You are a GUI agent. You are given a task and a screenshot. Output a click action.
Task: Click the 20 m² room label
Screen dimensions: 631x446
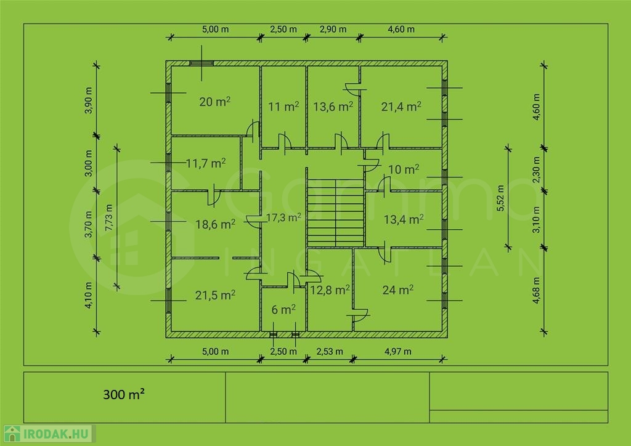tap(215, 102)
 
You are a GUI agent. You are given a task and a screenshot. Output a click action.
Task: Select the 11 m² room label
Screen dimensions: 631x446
tap(283, 107)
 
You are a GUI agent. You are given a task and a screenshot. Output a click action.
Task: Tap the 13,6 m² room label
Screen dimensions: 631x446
tap(333, 107)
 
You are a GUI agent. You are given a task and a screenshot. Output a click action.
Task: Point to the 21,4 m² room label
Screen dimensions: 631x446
tap(401, 107)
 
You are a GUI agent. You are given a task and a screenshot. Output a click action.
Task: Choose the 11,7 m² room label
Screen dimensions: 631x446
tap(206, 163)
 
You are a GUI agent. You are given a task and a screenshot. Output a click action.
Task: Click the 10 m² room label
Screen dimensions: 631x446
tap(404, 169)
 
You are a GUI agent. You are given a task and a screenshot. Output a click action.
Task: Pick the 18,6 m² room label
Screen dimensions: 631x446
tap(215, 224)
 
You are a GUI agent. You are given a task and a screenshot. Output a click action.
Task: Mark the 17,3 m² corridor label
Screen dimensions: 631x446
tap(283, 217)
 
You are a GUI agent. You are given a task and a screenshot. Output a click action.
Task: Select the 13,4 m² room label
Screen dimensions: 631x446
tap(404, 219)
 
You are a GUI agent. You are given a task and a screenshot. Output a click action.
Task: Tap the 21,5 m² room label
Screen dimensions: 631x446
tap(215, 295)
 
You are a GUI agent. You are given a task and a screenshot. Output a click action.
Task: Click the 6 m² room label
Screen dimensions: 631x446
tap(283, 309)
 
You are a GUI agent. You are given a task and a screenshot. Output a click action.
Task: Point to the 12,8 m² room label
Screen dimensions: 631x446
tap(330, 290)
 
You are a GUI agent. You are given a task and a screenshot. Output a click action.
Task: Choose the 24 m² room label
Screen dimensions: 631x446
tap(398, 290)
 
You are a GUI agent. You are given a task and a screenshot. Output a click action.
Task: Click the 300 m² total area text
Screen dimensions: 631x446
tap(124, 394)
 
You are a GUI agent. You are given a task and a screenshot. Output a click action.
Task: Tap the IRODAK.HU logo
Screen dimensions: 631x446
tap(47, 434)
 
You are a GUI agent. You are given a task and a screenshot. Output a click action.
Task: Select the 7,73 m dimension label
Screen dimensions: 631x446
tap(109, 217)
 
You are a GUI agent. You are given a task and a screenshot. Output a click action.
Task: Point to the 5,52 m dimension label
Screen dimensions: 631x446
tap(500, 198)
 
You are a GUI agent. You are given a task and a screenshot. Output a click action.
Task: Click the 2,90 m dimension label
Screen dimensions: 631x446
tap(333, 30)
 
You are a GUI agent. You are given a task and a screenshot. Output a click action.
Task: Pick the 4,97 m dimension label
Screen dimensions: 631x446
tap(398, 352)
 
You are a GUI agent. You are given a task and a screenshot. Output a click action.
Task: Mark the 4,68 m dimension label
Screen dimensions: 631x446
tap(537, 290)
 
